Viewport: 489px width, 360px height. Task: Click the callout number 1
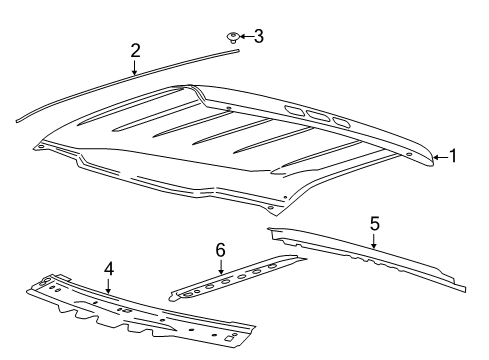pos(453,155)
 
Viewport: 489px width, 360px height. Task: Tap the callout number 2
pos(135,51)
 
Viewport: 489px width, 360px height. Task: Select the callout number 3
pos(258,37)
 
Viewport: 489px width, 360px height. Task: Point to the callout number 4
pos(108,269)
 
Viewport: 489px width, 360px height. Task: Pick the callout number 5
pos(374,224)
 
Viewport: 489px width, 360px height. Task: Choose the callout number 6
pos(221,250)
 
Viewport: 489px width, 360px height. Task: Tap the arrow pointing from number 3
pos(246,38)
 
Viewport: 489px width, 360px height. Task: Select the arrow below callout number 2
pos(135,68)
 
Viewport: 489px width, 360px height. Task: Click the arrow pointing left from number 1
pos(439,156)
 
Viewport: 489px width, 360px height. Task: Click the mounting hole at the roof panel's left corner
pos(39,148)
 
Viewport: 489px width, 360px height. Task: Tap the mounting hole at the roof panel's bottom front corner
pos(270,207)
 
